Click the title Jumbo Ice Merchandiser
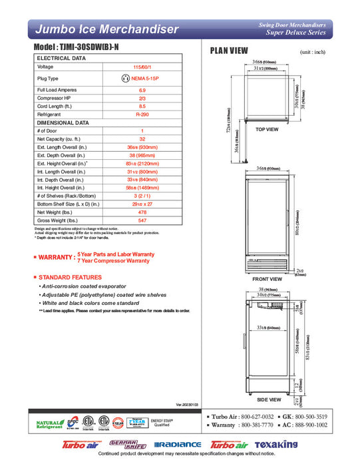click(106, 29)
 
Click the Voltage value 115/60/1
click(142, 67)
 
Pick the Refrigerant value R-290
click(142, 115)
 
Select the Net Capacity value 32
click(142, 139)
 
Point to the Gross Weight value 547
click(142, 220)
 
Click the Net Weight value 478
click(142, 212)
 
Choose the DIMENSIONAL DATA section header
click(64, 123)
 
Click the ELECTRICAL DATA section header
click(61, 59)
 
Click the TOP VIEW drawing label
click(268, 129)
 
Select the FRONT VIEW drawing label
click(267, 279)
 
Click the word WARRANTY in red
click(56, 257)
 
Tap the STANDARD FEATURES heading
click(71, 276)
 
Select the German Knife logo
click(122, 443)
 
